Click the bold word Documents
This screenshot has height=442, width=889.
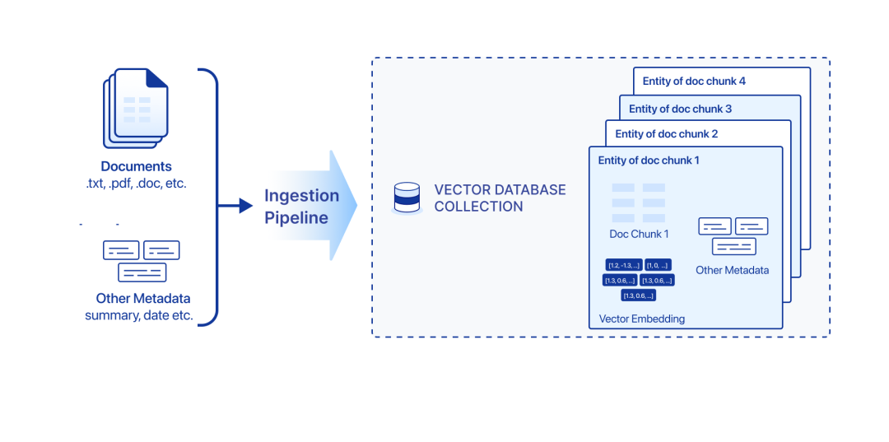click(137, 166)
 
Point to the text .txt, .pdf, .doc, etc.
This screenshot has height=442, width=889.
click(137, 183)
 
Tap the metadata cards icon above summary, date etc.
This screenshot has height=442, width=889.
click(141, 260)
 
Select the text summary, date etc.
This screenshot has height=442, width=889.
click(139, 315)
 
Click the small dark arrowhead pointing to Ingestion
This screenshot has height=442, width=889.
click(245, 206)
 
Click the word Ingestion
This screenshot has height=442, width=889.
click(301, 196)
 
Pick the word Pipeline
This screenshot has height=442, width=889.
click(296, 218)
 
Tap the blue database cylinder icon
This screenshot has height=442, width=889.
click(407, 198)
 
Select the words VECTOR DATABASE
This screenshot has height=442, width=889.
click(500, 190)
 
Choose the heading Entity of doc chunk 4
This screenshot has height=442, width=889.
click(694, 81)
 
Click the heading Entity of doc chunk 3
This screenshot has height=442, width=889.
click(680, 109)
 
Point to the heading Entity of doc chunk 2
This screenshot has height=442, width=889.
click(667, 134)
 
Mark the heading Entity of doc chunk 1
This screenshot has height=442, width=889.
click(649, 161)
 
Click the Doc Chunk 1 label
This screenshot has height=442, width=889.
click(639, 234)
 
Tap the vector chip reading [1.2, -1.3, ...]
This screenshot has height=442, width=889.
click(623, 265)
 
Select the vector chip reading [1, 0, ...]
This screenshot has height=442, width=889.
click(658, 265)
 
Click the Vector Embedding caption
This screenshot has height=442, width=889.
click(642, 319)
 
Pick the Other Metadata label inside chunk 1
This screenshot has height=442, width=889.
click(733, 270)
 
